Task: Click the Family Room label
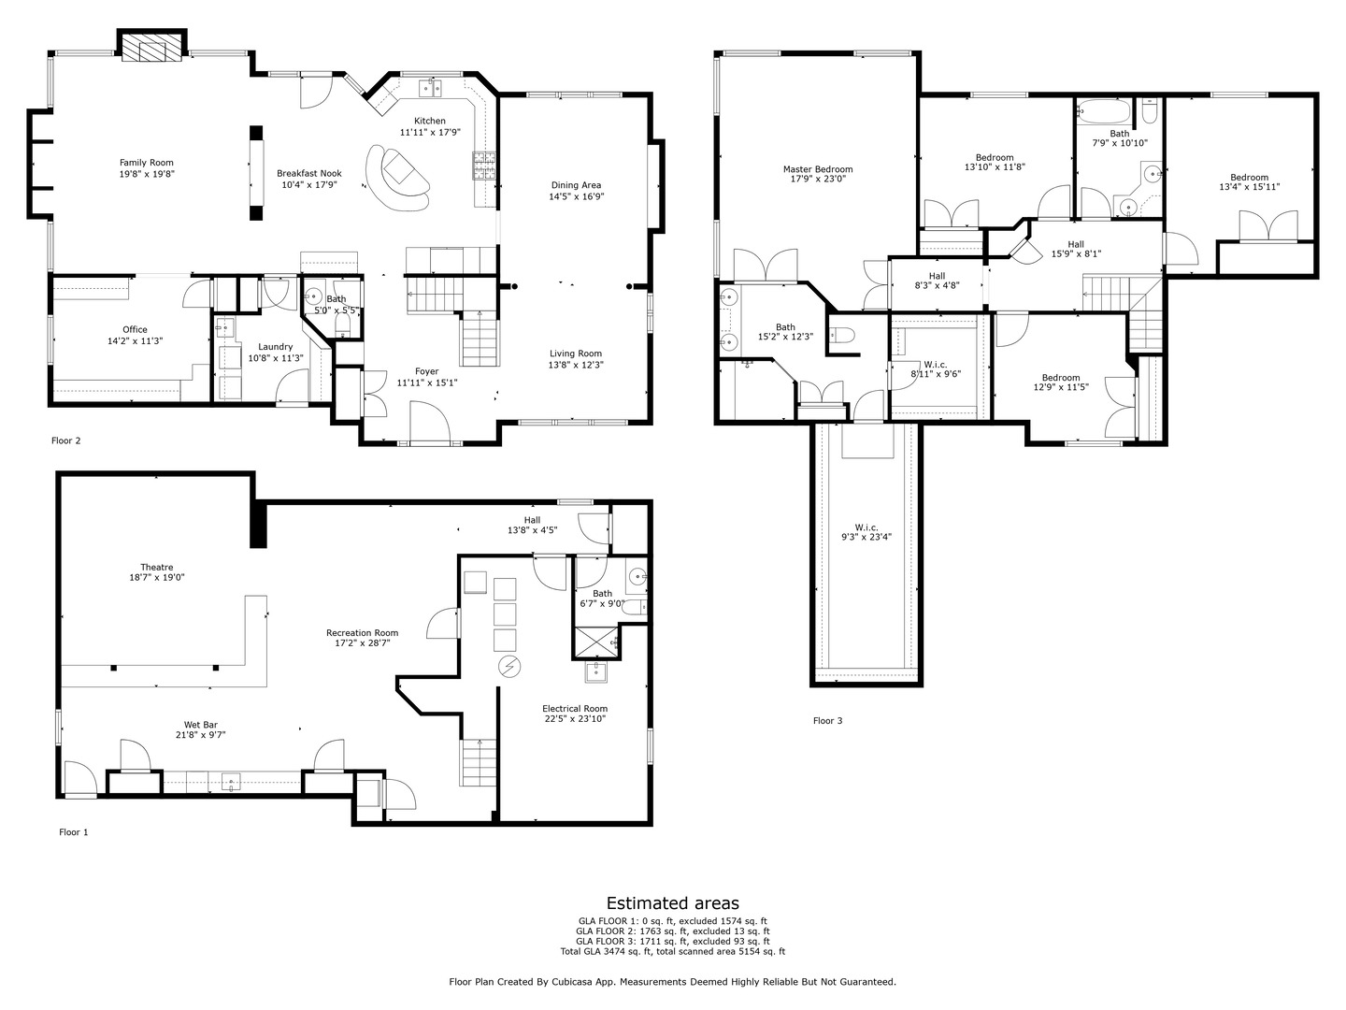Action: pyautogui.click(x=146, y=163)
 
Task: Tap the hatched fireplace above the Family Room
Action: pyautogui.click(x=152, y=47)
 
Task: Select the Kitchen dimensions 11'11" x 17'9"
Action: pyautogui.click(x=429, y=132)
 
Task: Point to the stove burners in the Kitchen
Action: pyautogui.click(x=483, y=166)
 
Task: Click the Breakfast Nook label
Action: pyautogui.click(x=309, y=174)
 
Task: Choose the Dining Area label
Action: pyautogui.click(x=576, y=185)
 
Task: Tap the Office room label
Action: pyautogui.click(x=135, y=329)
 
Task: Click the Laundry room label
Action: pyautogui.click(x=276, y=347)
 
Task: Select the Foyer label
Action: pyautogui.click(x=427, y=371)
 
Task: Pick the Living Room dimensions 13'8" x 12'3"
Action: pyautogui.click(x=576, y=365)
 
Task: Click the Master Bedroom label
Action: pyautogui.click(x=817, y=169)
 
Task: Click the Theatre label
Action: pyautogui.click(x=156, y=568)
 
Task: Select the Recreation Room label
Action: pyautogui.click(x=362, y=633)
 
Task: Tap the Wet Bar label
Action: pyautogui.click(x=201, y=725)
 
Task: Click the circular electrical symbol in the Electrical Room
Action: pyautogui.click(x=510, y=666)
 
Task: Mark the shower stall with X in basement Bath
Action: pyautogui.click(x=595, y=642)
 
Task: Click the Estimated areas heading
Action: pyautogui.click(x=673, y=903)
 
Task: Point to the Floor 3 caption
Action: pyautogui.click(x=828, y=720)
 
